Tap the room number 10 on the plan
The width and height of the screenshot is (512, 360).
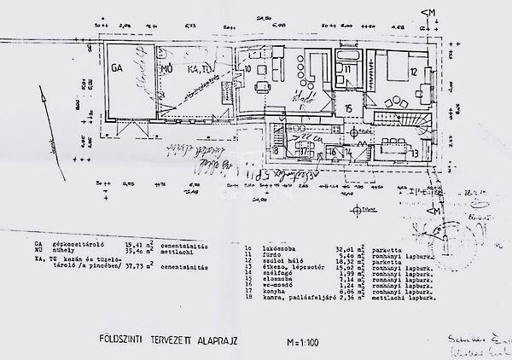[x=247, y=67]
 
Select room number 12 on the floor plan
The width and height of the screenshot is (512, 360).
[x=415, y=72]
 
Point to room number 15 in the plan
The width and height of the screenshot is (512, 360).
[x=347, y=107]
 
